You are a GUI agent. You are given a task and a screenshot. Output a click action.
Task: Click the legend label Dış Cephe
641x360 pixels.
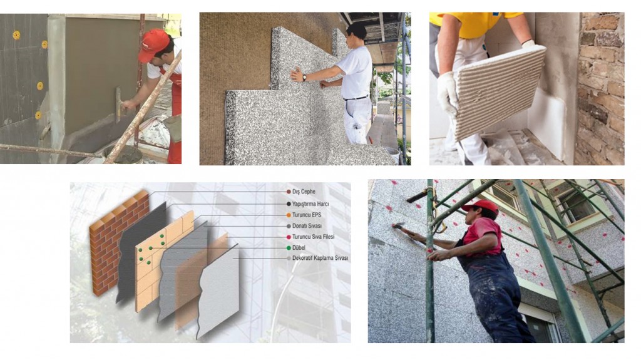304,192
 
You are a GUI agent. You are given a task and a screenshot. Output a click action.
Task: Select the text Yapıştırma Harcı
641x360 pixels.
310,203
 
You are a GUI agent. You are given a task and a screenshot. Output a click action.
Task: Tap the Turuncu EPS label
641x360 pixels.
307,215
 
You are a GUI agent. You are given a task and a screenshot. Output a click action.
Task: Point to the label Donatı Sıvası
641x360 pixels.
307,226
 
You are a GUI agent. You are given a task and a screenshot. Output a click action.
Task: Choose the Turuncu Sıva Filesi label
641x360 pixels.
314,237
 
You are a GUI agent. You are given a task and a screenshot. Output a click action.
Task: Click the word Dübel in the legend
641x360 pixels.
299,247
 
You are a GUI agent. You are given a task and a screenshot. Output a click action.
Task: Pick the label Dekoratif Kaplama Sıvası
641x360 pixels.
320,258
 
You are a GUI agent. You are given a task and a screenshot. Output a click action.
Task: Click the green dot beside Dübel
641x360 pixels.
289,248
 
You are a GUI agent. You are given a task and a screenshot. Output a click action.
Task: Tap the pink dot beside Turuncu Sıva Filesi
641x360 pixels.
289,237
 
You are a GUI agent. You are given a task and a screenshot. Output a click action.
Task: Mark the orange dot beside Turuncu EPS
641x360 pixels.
289,215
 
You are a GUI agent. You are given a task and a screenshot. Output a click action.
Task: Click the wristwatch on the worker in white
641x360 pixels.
304,78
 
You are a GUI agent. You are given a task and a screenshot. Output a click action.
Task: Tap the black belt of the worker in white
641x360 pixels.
356,98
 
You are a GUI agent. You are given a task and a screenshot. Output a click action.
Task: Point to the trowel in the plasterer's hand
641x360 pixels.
118,105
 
